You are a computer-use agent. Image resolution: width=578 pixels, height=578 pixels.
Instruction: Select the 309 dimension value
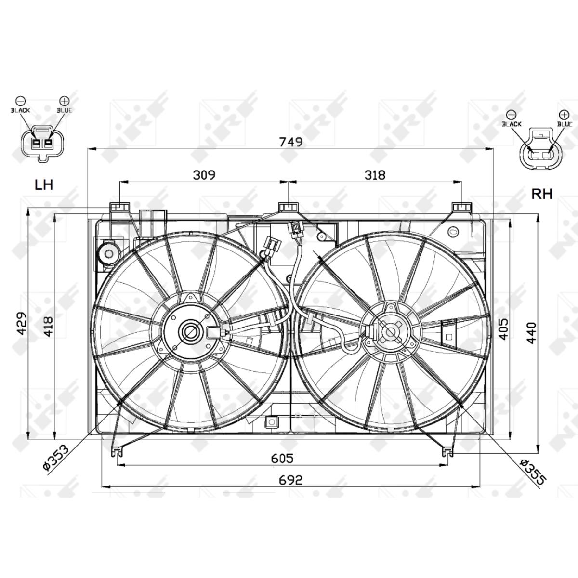click(x=204, y=174)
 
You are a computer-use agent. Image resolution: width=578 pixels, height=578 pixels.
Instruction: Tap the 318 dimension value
click(x=375, y=174)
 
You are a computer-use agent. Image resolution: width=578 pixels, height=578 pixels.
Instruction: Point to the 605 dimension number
click(x=282, y=458)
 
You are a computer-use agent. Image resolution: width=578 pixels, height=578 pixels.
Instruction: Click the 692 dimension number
click(x=290, y=480)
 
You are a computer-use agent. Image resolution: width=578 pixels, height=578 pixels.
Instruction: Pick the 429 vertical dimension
click(x=22, y=325)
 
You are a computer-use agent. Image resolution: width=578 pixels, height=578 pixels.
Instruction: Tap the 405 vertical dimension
click(x=503, y=328)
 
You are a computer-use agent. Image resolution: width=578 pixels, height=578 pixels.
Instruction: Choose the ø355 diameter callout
click(x=533, y=471)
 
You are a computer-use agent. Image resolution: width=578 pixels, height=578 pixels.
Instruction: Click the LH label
click(x=43, y=184)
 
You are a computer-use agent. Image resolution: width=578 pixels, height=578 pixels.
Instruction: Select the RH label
click(x=541, y=194)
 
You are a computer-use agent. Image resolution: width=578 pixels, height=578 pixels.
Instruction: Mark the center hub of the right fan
click(x=389, y=332)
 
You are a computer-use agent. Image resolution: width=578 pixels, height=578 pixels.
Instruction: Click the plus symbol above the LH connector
click(x=64, y=101)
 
